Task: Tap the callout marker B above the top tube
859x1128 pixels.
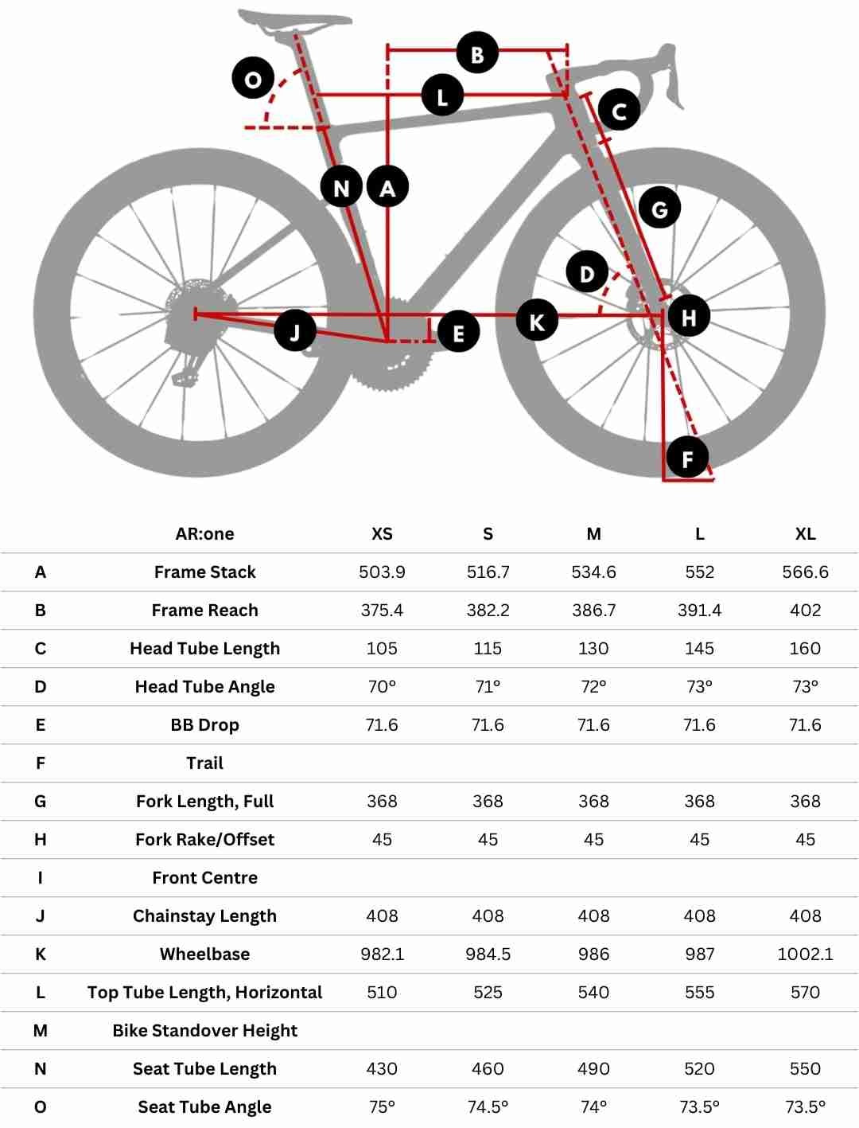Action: pyautogui.click(x=477, y=53)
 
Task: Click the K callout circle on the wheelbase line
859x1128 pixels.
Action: pyautogui.click(x=537, y=321)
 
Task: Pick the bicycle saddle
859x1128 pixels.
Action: pyautogui.click(x=294, y=22)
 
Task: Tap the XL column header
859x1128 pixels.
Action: pyautogui.click(x=805, y=534)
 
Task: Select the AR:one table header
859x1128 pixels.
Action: pyautogui.click(x=204, y=534)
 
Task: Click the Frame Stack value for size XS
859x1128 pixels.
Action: pyautogui.click(x=382, y=572)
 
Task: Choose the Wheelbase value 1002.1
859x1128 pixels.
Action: pyautogui.click(x=805, y=954)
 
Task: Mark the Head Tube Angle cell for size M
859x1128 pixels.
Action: pyautogui.click(x=593, y=687)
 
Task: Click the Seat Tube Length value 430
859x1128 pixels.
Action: pyautogui.click(x=382, y=1069)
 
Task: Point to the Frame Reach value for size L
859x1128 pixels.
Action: pyautogui.click(x=699, y=611)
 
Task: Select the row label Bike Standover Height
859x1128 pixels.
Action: pyautogui.click(x=204, y=1031)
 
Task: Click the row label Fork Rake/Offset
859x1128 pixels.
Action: pyautogui.click(x=204, y=840)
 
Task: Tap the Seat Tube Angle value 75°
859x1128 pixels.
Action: pyautogui.click(x=382, y=1107)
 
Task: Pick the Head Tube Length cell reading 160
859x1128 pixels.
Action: pyautogui.click(x=805, y=649)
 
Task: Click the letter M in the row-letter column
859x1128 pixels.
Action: pyautogui.click(x=41, y=1031)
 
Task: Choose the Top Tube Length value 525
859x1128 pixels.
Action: pyautogui.click(x=488, y=993)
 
